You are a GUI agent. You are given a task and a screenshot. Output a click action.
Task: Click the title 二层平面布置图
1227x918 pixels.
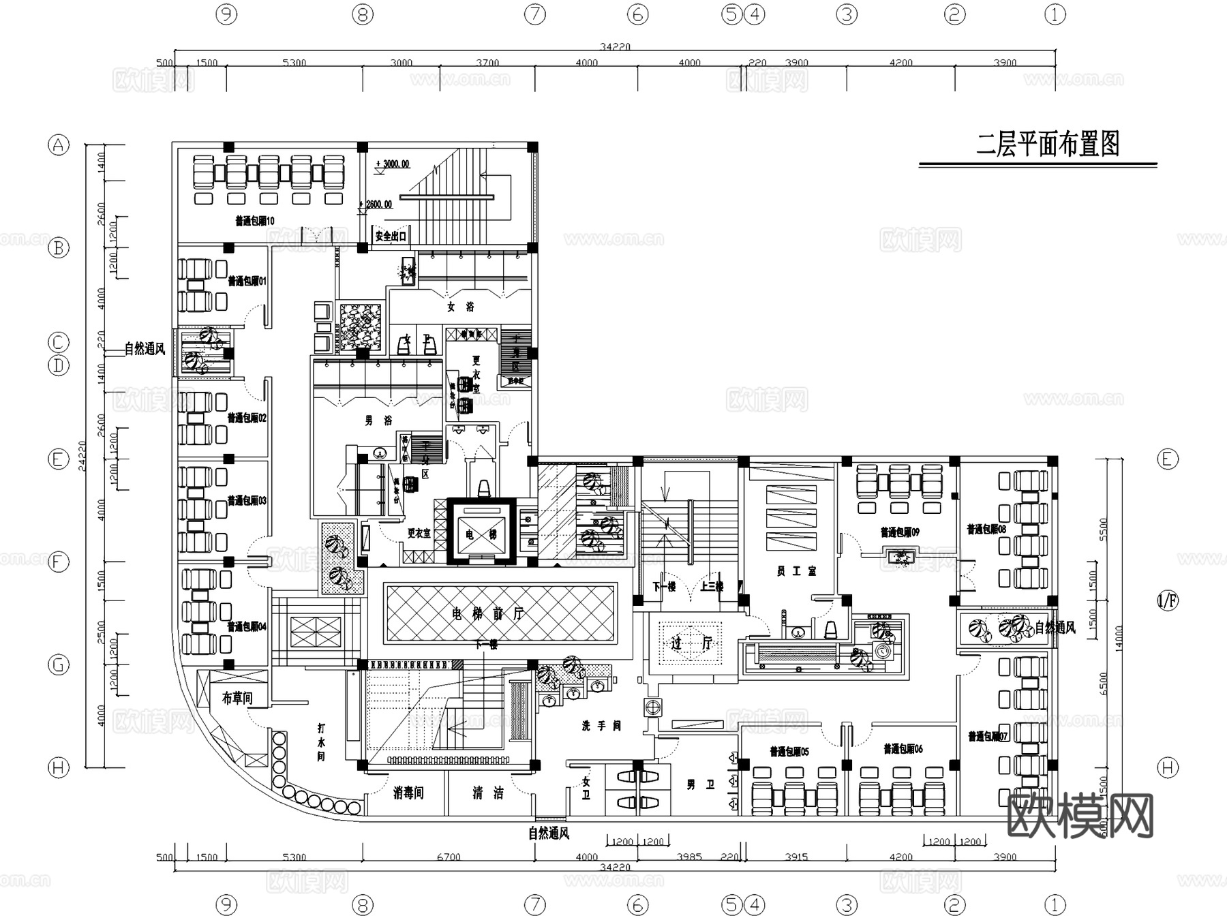(1048, 144)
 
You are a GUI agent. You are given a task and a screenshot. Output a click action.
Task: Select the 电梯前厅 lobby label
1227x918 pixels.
(488, 614)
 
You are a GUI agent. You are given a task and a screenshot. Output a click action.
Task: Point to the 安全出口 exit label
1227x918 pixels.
(391, 236)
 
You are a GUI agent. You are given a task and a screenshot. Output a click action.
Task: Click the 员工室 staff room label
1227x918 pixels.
(796, 571)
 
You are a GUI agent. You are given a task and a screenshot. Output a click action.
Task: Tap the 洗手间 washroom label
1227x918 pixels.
(601, 726)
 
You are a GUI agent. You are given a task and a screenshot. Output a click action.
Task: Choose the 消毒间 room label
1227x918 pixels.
(408, 793)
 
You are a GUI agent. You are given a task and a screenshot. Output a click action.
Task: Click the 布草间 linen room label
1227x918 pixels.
(237, 698)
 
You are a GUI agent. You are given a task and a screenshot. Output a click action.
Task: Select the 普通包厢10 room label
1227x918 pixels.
(255, 221)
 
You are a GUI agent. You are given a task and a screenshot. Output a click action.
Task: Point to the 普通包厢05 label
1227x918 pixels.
(789, 752)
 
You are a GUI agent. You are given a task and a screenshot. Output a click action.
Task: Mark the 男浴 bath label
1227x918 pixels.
(378, 421)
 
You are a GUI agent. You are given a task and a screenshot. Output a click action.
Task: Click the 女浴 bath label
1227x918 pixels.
(461, 307)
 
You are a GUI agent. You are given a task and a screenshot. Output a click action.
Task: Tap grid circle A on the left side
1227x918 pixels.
(59, 145)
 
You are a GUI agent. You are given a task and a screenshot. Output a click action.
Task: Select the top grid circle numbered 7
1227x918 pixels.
(535, 14)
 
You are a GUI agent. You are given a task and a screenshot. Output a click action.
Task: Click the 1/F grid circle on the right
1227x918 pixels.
(1168, 601)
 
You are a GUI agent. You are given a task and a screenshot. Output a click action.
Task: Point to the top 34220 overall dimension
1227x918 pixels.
(615, 47)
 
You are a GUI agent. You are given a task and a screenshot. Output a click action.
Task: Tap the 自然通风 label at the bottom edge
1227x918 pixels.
(549, 833)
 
